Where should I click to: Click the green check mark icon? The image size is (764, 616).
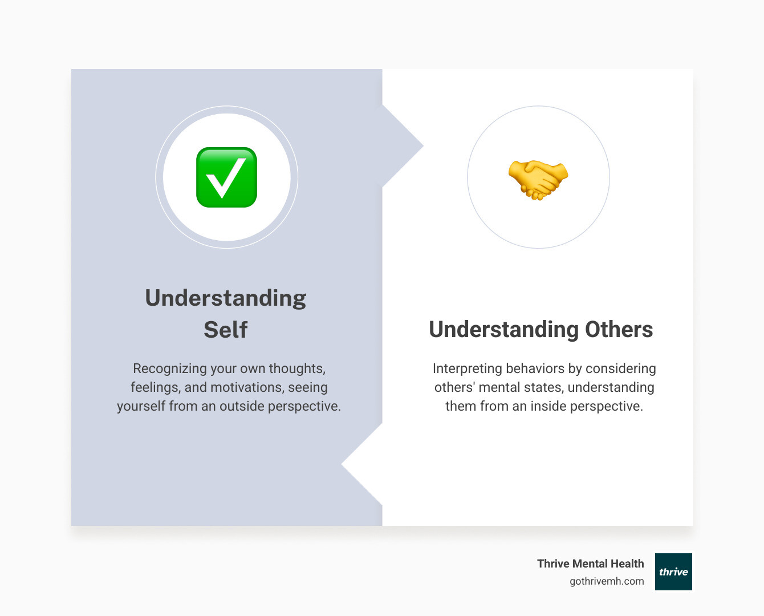pyautogui.click(x=226, y=177)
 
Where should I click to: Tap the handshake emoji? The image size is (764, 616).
pyautogui.click(x=538, y=180)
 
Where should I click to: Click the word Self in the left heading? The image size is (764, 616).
pyautogui.click(x=225, y=330)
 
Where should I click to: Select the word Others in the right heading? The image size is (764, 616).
pyautogui.click(x=619, y=329)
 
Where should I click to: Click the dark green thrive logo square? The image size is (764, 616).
pyautogui.click(x=673, y=572)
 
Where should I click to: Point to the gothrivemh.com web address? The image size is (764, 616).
pyautogui.click(x=607, y=581)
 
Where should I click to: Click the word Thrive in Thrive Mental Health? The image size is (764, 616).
pyautogui.click(x=553, y=564)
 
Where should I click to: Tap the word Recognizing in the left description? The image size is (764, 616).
pyautogui.click(x=170, y=369)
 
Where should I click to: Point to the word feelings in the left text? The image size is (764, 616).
pyautogui.click(x=156, y=388)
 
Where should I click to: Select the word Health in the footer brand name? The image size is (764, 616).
pyautogui.click(x=627, y=564)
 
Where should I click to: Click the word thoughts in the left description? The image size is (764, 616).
pyautogui.click(x=297, y=369)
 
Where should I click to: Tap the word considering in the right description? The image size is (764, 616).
pyautogui.click(x=620, y=369)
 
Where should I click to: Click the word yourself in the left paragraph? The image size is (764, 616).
pyautogui.click(x=141, y=407)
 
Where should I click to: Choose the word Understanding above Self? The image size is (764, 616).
pyautogui.click(x=225, y=298)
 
